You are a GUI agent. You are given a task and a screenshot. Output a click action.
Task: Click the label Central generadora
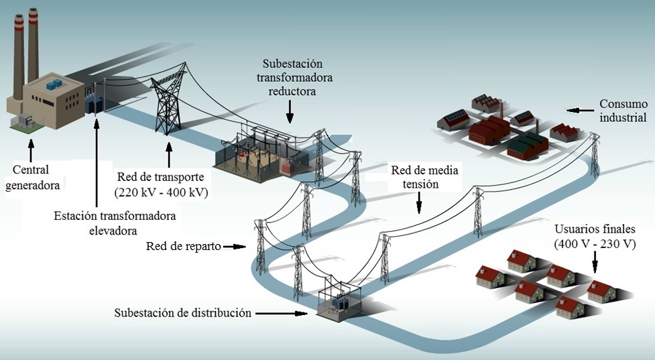click(x=32, y=177)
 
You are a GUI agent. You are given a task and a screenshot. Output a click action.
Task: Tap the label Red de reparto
click(x=183, y=246)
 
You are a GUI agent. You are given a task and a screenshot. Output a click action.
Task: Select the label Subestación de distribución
click(x=182, y=313)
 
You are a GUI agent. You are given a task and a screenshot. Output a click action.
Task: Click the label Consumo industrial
click(x=623, y=111)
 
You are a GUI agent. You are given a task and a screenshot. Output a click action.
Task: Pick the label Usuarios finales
click(x=595, y=229)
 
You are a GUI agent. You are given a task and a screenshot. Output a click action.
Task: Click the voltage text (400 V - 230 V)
click(x=595, y=243)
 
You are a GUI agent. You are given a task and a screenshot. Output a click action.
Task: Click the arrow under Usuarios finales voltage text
click(x=595, y=261)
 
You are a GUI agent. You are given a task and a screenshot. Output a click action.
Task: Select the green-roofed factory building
click(x=528, y=144)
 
